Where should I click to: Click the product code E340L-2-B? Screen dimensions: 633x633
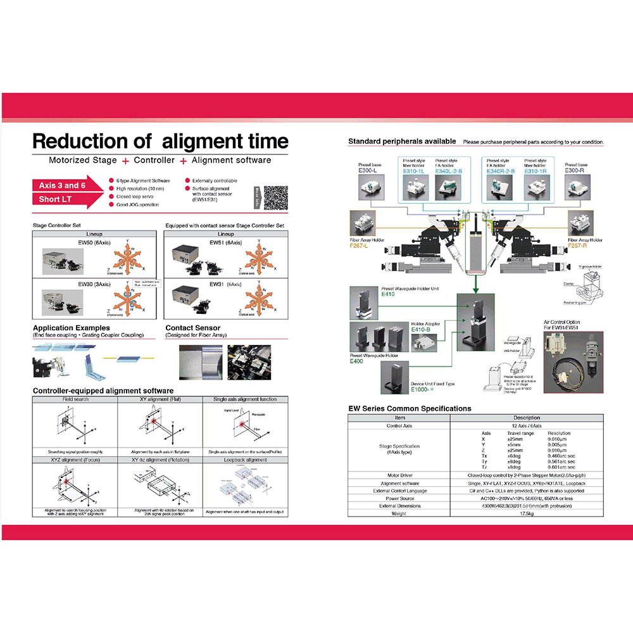click(x=449, y=171)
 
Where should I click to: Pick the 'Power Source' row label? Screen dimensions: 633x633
click(x=399, y=498)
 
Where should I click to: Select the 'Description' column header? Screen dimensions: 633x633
click(x=527, y=418)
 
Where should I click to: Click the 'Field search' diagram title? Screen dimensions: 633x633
click(x=75, y=399)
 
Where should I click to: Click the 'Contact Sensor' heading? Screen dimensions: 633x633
click(x=192, y=328)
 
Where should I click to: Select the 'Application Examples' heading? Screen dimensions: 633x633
click(x=71, y=328)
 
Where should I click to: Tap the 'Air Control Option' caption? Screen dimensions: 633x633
click(x=561, y=322)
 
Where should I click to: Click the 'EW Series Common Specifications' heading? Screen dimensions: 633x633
click(x=410, y=408)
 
